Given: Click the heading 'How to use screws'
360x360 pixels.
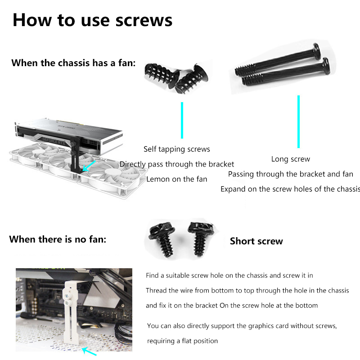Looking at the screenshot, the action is click(x=92, y=20).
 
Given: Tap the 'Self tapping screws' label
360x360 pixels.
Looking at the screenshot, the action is click(x=177, y=149).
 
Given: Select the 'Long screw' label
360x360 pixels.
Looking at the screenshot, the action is click(x=291, y=159).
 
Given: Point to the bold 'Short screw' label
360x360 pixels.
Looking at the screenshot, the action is click(x=256, y=241).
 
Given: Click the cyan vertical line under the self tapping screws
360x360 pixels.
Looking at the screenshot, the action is click(x=182, y=120).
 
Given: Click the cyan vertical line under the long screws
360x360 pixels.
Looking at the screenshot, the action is click(x=298, y=121).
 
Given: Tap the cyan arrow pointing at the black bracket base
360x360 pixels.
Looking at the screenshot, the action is click(x=89, y=166).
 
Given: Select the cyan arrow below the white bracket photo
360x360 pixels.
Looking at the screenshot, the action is click(x=89, y=351).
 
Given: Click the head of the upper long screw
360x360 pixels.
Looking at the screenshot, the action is click(x=317, y=51).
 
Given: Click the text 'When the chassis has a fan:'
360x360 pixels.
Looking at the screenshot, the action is click(x=73, y=63).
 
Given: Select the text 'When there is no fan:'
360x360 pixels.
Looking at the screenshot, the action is click(x=58, y=239).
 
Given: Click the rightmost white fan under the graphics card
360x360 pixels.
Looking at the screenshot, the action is click(x=112, y=177).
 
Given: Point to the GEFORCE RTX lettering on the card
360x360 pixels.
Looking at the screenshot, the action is click(x=54, y=141).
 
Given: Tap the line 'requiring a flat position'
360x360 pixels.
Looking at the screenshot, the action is click(x=182, y=341).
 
